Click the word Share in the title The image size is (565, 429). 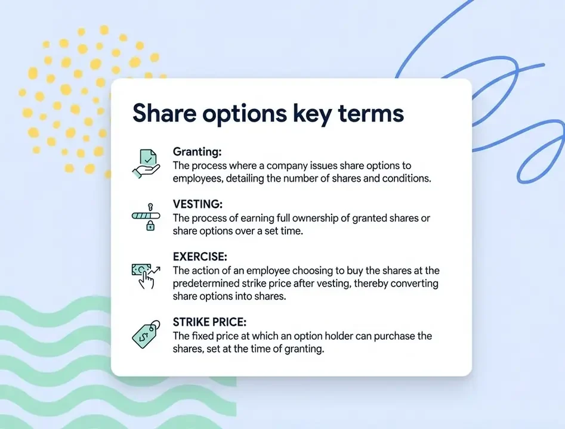tap(159, 113)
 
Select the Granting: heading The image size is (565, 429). tap(197, 152)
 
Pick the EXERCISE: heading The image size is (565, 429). tap(200, 257)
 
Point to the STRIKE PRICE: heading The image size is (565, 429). tap(209, 322)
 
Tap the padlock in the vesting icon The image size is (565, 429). tap(151, 225)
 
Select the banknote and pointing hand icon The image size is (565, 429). tap(145, 274)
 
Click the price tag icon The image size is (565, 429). tap(145, 334)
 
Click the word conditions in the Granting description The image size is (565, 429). tap(404, 178)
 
